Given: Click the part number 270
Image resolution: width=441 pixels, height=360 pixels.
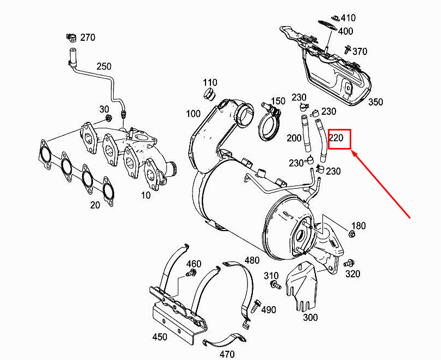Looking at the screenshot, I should pyautogui.click(x=87, y=38).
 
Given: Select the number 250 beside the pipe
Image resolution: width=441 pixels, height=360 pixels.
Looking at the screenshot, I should pyautogui.click(x=104, y=66).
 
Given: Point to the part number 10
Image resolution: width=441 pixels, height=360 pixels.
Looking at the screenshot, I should pyautogui.click(x=145, y=195).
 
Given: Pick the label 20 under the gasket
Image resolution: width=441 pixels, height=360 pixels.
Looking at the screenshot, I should pyautogui.click(x=95, y=205).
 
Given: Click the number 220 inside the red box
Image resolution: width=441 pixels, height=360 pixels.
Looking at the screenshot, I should pyautogui.click(x=336, y=138).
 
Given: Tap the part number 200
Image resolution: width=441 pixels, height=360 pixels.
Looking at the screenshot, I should pyautogui.click(x=294, y=138).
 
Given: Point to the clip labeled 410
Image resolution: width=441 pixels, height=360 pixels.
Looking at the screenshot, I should pyautogui.click(x=335, y=16).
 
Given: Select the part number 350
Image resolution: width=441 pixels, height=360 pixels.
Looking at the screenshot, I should pyautogui.click(x=376, y=102).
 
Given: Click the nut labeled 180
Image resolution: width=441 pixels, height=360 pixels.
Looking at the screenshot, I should pyautogui.click(x=352, y=234).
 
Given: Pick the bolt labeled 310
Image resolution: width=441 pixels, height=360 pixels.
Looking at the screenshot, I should pyautogui.click(x=276, y=285).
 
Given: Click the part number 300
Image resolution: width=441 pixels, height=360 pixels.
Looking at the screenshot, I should pyautogui.click(x=310, y=317).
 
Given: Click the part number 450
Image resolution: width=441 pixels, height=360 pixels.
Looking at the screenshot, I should pyautogui.click(x=160, y=337).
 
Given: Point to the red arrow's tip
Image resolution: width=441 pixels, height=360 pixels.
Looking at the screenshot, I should pyautogui.click(x=353, y=153).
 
